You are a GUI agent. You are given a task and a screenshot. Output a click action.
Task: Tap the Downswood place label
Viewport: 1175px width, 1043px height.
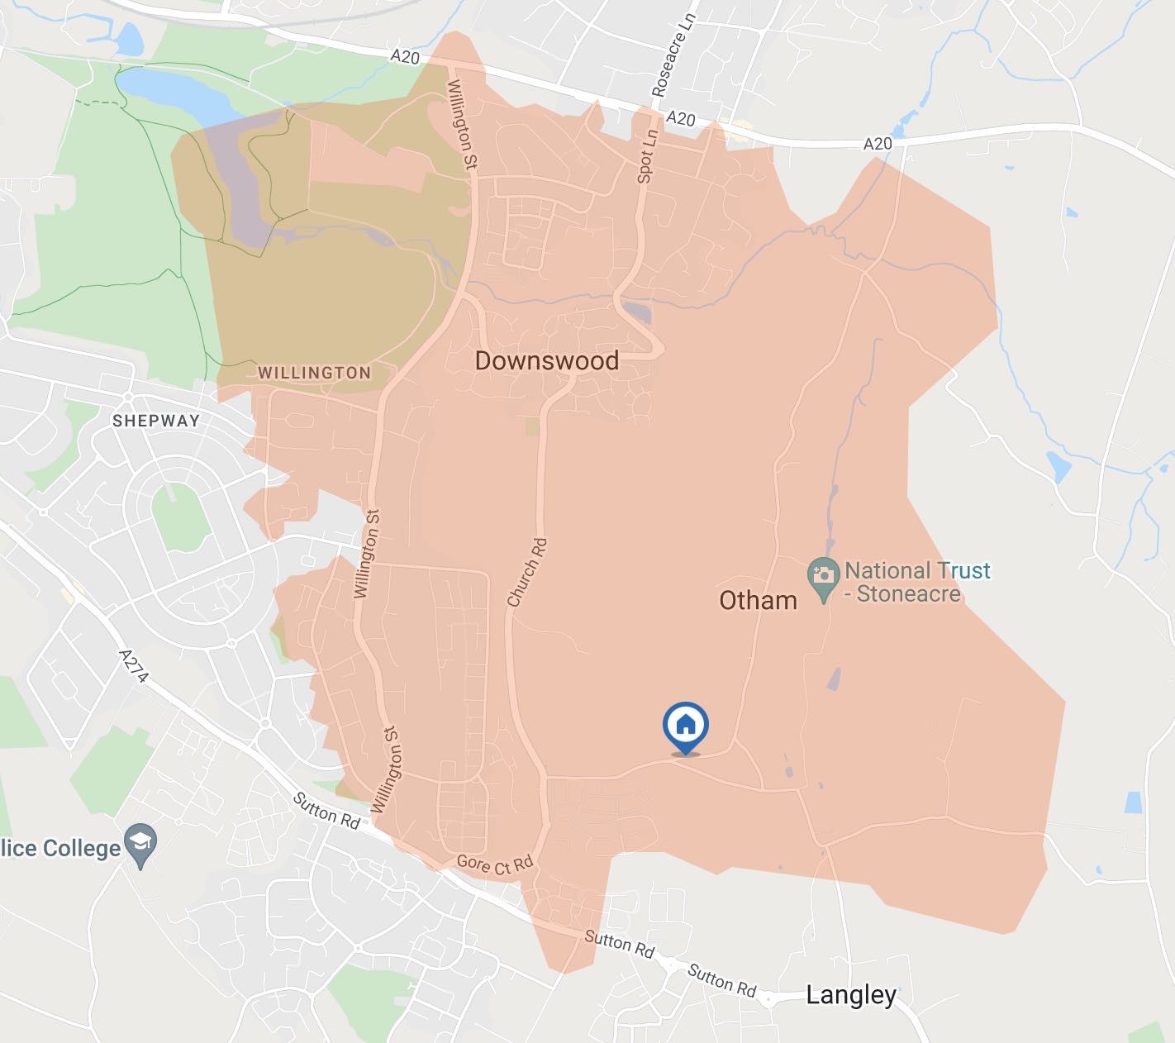coord(546,360)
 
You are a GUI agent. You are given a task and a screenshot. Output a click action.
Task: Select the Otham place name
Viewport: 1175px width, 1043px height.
coord(758,600)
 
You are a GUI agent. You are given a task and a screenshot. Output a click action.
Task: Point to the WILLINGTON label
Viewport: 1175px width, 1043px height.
coord(314,373)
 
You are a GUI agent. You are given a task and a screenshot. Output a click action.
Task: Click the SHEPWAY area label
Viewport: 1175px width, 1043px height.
coord(156,421)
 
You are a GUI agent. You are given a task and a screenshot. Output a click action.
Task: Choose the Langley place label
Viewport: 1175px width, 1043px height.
coord(850,994)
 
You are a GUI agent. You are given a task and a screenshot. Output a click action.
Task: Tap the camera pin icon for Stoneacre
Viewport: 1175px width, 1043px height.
coord(823,574)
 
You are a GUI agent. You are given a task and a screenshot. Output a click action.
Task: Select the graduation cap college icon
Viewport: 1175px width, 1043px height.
coord(140,845)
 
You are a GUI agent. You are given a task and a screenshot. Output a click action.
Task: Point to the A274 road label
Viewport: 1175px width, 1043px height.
coord(134,667)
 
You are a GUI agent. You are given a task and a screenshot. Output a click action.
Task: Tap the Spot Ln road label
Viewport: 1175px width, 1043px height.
coord(647,156)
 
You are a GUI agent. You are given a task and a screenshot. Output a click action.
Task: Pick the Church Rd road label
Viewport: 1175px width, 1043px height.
coord(527,573)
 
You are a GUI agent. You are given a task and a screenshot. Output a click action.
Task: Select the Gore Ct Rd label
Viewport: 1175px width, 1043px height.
coord(495,864)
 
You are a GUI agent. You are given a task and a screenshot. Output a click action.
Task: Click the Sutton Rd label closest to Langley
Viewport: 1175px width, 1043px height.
coord(722,980)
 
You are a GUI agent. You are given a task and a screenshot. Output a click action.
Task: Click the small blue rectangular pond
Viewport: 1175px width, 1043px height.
coord(1133,802)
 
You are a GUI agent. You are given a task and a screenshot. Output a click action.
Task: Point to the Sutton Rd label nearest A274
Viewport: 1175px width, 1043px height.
coord(327,812)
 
